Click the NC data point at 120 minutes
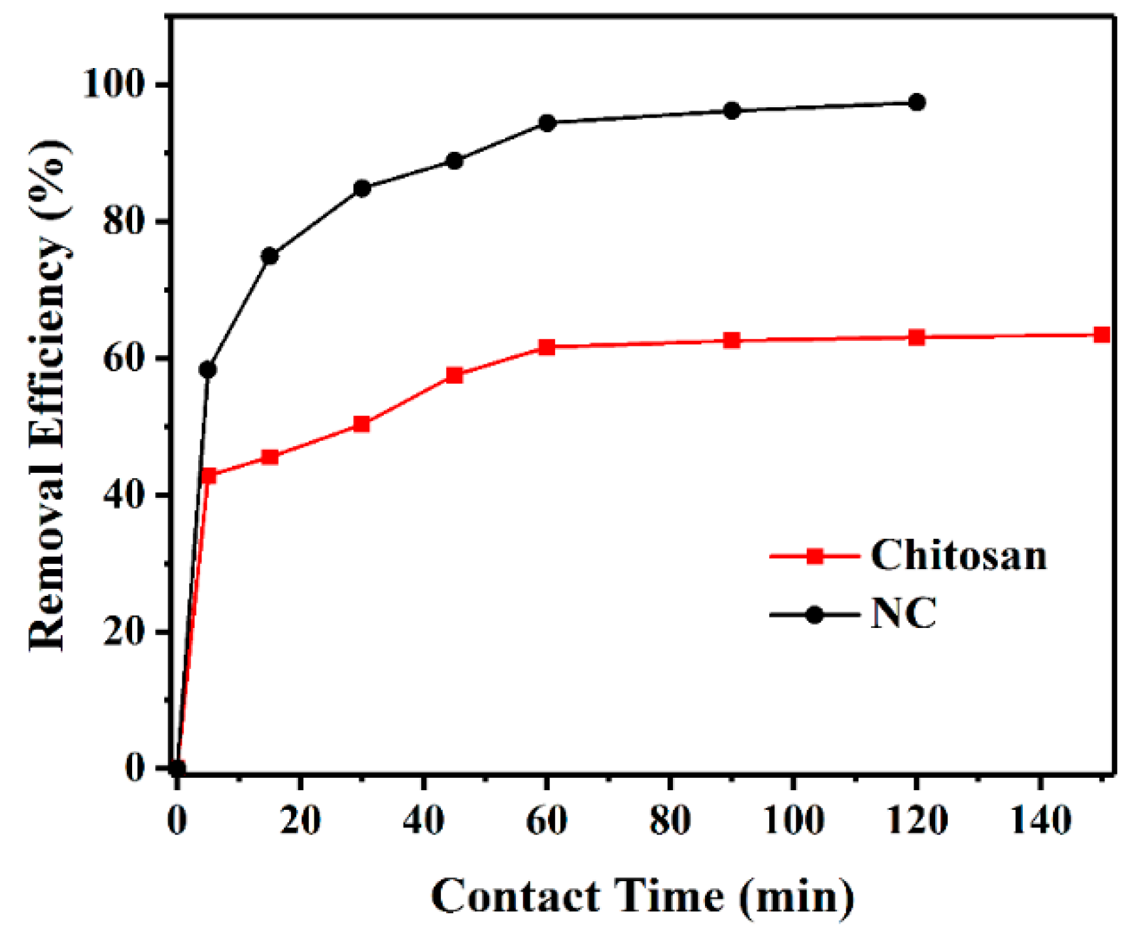[x=917, y=103]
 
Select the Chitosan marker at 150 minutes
[x=1102, y=335]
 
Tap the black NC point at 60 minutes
[x=547, y=123]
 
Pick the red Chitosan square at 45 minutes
[x=455, y=375]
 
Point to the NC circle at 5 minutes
[x=207, y=370]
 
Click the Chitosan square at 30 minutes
[x=362, y=424]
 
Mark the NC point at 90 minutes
[x=732, y=111]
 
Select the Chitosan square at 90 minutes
[x=732, y=340]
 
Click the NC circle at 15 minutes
[x=269, y=256]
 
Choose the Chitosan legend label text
[x=958, y=556]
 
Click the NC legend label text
[x=904, y=614]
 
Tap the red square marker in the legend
[x=815, y=557]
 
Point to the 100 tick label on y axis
[x=113, y=85]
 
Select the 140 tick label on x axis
[x=1041, y=820]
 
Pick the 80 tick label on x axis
[x=670, y=820]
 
